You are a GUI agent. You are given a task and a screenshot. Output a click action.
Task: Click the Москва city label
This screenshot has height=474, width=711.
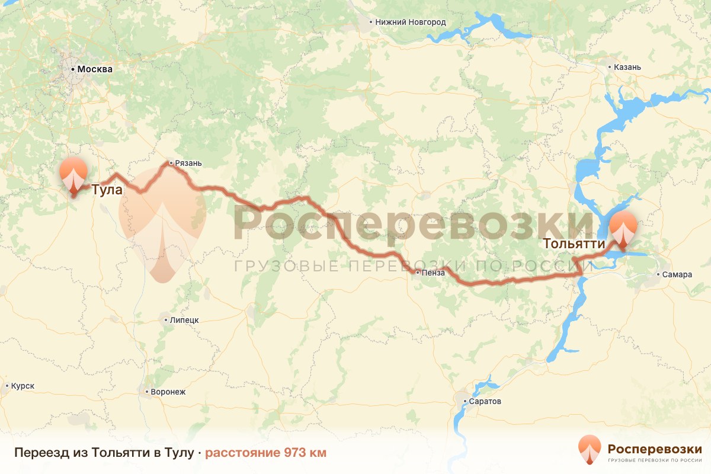tap(95, 69)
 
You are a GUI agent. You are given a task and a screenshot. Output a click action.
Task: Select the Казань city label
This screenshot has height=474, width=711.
tap(627, 67)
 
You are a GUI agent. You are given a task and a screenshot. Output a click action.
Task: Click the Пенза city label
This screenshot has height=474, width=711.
tap(433, 273)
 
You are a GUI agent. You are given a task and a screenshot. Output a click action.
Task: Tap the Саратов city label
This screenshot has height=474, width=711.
tap(485, 401)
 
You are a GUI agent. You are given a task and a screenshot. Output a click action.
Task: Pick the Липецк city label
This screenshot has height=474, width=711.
tap(184, 320)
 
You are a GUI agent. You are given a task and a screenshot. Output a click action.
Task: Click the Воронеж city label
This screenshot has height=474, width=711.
tap(168, 392)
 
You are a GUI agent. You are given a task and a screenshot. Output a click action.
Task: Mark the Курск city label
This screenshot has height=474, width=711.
tap(23, 386)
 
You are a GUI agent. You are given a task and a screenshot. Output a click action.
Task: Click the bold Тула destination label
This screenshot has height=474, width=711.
tap(107, 190)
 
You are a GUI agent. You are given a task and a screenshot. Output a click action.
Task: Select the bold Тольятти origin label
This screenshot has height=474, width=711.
tap(574, 244)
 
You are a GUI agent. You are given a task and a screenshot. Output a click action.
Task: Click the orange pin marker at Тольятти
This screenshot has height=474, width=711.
tap(623, 229)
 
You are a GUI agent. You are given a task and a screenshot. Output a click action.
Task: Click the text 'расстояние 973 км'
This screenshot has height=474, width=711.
tap(265, 453)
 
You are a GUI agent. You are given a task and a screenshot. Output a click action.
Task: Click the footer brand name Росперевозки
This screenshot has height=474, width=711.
tap(655, 448)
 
